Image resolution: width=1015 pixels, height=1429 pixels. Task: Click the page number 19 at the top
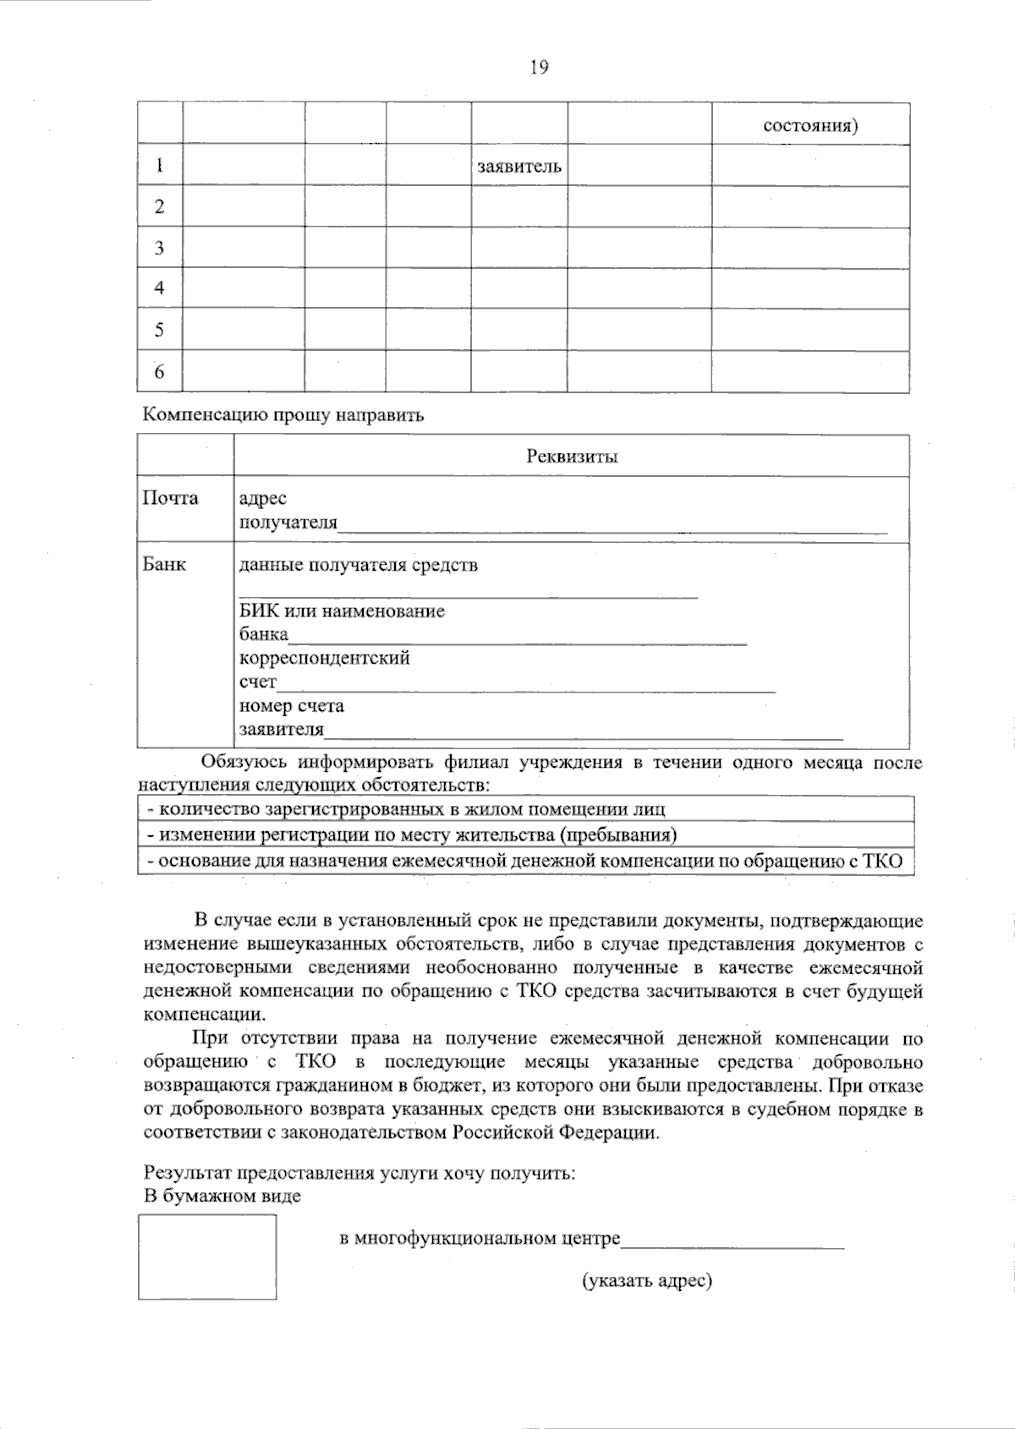click(539, 68)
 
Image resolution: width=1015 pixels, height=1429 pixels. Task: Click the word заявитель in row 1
click(518, 167)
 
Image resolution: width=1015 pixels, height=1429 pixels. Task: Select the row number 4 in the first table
click(159, 288)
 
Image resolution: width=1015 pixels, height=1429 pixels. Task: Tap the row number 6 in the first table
click(159, 371)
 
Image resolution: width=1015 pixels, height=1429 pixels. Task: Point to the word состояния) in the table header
click(810, 126)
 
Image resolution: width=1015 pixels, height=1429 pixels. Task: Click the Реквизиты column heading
click(572, 457)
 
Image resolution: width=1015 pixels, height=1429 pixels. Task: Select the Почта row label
click(170, 498)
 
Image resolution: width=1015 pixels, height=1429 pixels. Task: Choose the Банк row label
click(164, 564)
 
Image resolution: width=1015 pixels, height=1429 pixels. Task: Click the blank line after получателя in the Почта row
click(612, 529)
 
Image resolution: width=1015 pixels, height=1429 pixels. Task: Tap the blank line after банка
click(518, 641)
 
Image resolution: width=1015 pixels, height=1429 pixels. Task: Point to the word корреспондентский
click(324, 658)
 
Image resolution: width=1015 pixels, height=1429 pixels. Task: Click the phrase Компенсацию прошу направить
click(283, 415)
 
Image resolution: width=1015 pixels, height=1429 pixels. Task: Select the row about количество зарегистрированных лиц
click(406, 809)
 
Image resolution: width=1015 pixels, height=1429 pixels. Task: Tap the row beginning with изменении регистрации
click(412, 835)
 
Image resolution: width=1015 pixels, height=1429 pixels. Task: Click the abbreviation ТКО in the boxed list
click(882, 862)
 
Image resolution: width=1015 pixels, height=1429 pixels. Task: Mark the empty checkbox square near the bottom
click(207, 1257)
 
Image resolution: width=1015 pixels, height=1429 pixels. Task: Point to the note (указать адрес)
click(646, 1281)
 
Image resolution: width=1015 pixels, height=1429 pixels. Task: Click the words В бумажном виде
click(222, 1196)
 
